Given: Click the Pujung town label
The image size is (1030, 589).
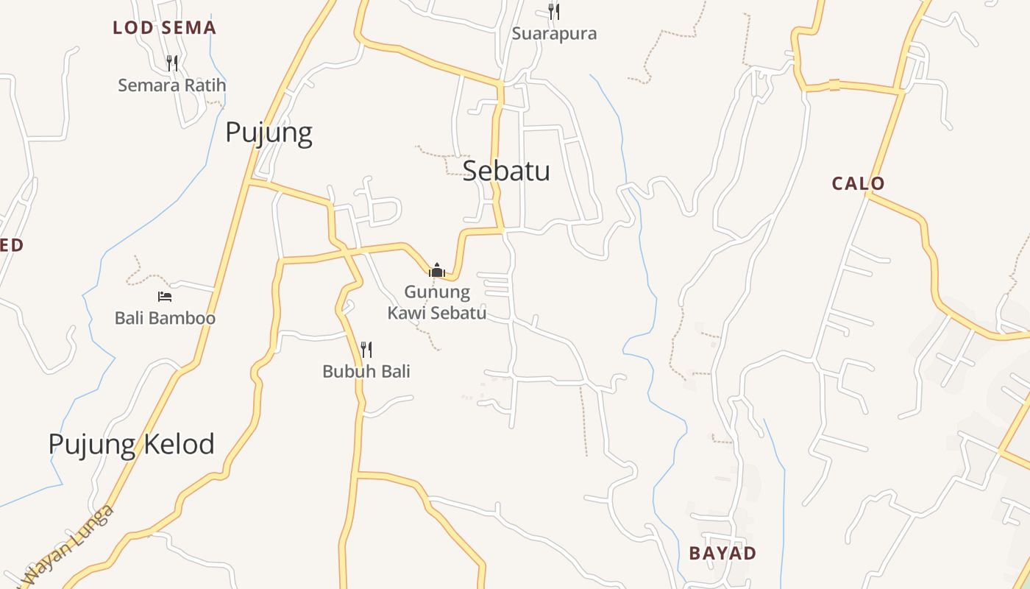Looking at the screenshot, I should coord(269,133).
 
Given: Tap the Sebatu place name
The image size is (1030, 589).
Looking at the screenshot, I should coord(506,171).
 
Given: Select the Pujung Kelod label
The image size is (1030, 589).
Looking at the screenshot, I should coord(131,444).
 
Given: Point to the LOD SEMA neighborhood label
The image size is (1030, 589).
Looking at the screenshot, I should coord(164,28).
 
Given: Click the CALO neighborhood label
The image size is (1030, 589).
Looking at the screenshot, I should coord(858,183).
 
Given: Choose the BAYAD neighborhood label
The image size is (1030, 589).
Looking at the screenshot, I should coord(722,553).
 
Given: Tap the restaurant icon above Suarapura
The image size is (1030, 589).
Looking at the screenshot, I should coord(553,11).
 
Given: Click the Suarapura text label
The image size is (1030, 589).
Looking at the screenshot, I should coord(554,34).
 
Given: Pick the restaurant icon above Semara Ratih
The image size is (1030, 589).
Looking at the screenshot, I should coord(172,63).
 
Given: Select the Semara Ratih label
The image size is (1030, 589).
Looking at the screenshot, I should coord(172,85).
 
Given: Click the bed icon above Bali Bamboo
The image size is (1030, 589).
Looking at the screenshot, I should coord(165,296).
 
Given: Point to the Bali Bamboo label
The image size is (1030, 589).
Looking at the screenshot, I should coord(165,318).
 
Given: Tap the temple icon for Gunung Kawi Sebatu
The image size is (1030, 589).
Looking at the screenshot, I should coord(437,270).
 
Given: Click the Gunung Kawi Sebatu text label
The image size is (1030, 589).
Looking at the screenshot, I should coord(437,303).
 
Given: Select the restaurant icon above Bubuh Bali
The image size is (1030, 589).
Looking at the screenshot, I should coord(366,349).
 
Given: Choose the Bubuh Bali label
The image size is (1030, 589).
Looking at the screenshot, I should coord(366,372).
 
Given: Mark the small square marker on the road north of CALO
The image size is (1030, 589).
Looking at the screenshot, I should coord(834,85).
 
